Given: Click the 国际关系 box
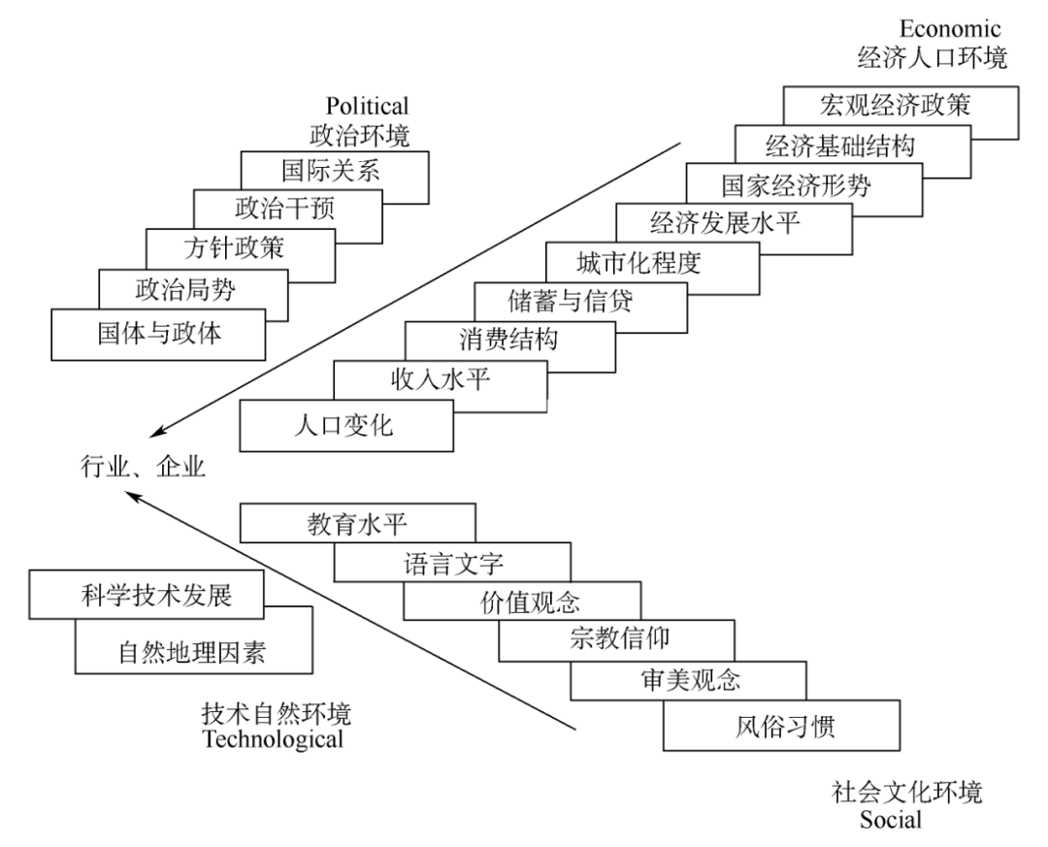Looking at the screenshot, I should pos(330,172).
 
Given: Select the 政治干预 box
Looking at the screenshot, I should pos(284,209).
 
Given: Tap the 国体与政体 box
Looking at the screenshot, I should pos(158,335).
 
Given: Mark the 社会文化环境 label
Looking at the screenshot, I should pos(906,793).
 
